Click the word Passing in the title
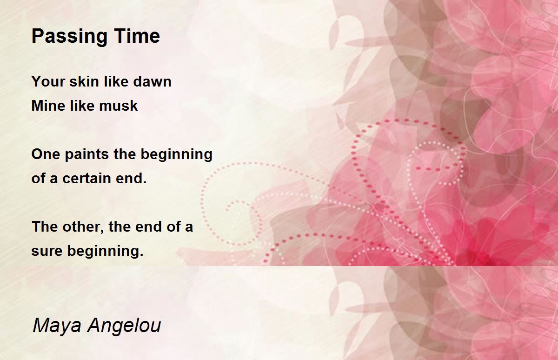[x=69, y=37]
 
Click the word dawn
[x=152, y=81]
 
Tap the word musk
[x=118, y=106]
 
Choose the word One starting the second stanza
[x=46, y=154]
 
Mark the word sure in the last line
[x=47, y=251]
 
